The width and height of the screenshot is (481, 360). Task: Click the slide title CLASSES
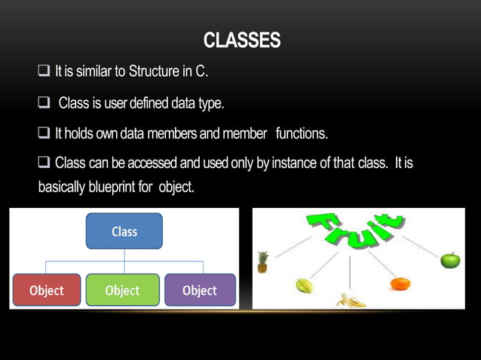[241, 41]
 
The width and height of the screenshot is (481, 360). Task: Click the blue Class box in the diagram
[124, 231]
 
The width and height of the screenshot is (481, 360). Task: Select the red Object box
[46, 290]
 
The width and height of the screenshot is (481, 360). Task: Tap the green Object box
[122, 290]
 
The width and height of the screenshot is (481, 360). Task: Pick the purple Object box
[199, 290]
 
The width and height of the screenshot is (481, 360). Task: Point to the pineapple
[262, 262]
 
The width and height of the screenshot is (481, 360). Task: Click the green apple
[450, 261]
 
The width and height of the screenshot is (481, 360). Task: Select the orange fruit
[400, 284]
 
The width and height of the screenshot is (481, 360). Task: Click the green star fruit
[303, 286]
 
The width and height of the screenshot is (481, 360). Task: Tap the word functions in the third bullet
[301, 133]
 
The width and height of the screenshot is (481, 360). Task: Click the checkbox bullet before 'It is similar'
[43, 72]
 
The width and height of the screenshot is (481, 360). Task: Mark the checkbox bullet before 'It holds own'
[43, 133]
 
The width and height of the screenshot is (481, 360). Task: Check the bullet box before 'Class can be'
[43, 163]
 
